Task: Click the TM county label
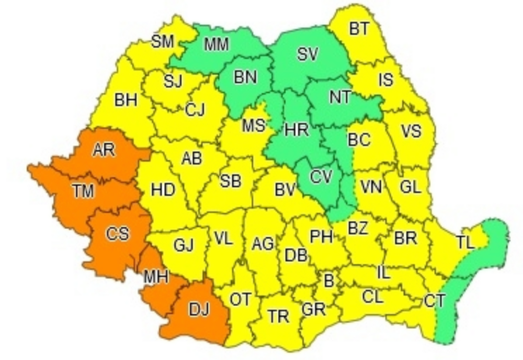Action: click(x=83, y=192)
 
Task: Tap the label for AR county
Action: click(x=104, y=150)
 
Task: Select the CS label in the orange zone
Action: click(x=117, y=233)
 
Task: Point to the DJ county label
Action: click(x=199, y=310)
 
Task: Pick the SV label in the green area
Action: click(x=308, y=54)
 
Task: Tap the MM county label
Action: click(x=216, y=44)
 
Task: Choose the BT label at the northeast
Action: click(x=359, y=29)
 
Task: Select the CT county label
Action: click(x=435, y=301)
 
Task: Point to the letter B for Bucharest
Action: click(x=328, y=281)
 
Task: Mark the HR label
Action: click(x=297, y=130)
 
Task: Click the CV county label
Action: click(x=321, y=177)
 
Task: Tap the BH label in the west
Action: click(x=126, y=100)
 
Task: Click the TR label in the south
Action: click(x=278, y=316)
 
